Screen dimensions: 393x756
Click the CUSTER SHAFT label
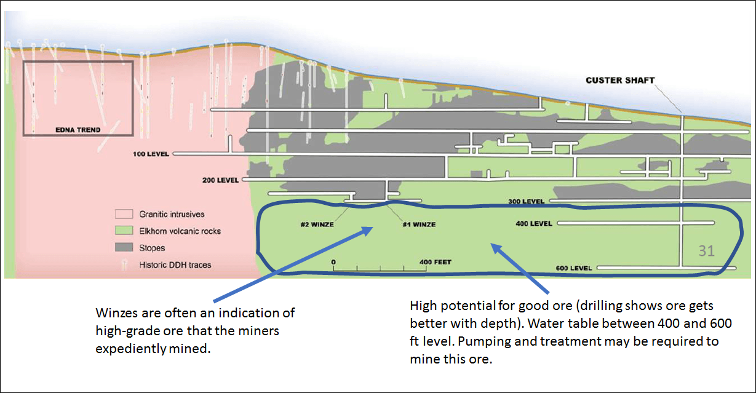(620, 81)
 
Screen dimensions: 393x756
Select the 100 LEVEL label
(151, 154)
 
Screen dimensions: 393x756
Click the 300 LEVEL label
(526, 202)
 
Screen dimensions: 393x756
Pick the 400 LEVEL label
(533, 224)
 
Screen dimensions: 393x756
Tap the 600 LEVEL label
(573, 268)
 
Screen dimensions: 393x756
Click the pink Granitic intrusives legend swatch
(124, 215)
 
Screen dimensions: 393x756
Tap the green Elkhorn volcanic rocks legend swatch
(124, 231)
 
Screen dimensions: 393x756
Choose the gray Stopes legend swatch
(124, 248)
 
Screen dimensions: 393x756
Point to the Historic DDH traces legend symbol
(124, 264)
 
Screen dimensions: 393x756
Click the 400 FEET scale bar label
(435, 263)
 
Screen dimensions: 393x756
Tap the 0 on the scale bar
(333, 263)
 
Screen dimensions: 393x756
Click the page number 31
(706, 251)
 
